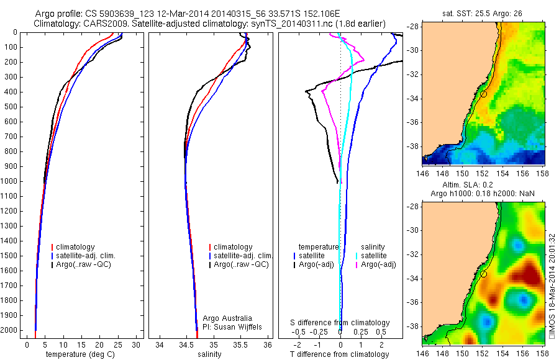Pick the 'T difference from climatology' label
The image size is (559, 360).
pyautogui.click(x=341, y=354)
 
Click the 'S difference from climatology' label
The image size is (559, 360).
pyautogui.click(x=340, y=323)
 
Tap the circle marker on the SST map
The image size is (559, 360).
pyautogui.click(x=483, y=94)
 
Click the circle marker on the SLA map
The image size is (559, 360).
pyautogui.click(x=483, y=274)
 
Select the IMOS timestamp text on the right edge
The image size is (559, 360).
pyautogui.click(x=552, y=286)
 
